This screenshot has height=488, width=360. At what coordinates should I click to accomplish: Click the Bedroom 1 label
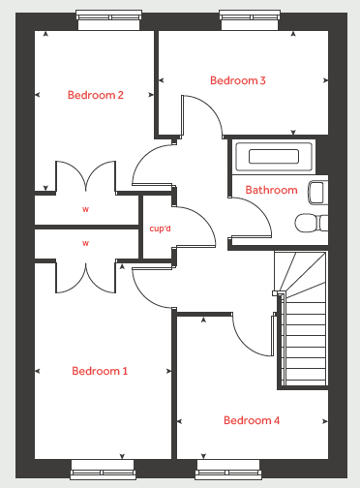pos(100,371)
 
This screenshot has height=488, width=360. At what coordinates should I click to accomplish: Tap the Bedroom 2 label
pos(96,95)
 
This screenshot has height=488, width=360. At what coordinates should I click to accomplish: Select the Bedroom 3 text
pos(238,80)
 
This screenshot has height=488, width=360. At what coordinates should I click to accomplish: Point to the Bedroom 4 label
pos(252,420)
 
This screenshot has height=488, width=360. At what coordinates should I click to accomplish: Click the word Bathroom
pos(271,190)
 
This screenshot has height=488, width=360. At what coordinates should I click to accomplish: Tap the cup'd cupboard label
pos(160,229)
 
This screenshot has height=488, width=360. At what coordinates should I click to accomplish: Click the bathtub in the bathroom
pos(274,157)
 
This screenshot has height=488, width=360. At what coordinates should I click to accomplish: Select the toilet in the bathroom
pos(312,223)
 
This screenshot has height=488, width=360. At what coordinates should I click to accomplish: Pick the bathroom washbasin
pos(318,193)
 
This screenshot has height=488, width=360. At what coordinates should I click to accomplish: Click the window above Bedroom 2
pos(108,19)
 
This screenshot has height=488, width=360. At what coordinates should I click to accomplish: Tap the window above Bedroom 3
pos(250,19)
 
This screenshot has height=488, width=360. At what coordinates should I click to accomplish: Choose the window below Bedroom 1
pos(103,470)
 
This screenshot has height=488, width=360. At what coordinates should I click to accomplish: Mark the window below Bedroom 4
pos(228,470)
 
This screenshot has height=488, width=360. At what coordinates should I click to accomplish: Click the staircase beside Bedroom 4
pos(302,319)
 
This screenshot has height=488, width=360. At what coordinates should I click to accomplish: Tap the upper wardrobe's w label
pos(85,209)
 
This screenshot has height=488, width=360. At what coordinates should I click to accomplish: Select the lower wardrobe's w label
pos(85,243)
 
